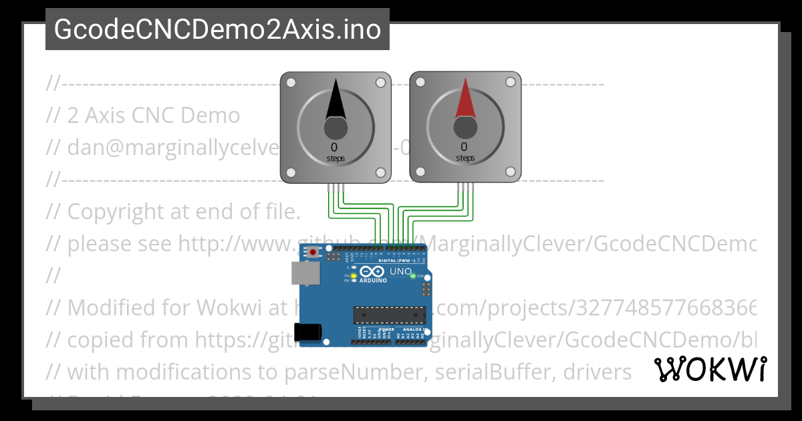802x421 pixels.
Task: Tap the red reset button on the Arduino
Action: pos(313,253)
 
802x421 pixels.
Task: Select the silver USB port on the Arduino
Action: pos(305,273)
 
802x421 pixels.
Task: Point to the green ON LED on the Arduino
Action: pos(413,276)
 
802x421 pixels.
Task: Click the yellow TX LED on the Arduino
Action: pos(354,275)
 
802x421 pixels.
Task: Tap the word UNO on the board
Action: pos(400,271)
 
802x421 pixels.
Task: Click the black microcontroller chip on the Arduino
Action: pos(390,315)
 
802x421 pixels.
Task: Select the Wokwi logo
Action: pos(710,370)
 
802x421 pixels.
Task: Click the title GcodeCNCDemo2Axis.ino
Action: pos(217,29)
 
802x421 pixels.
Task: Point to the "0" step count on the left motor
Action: pos(334,147)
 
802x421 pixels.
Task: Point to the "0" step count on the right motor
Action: pos(464,147)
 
